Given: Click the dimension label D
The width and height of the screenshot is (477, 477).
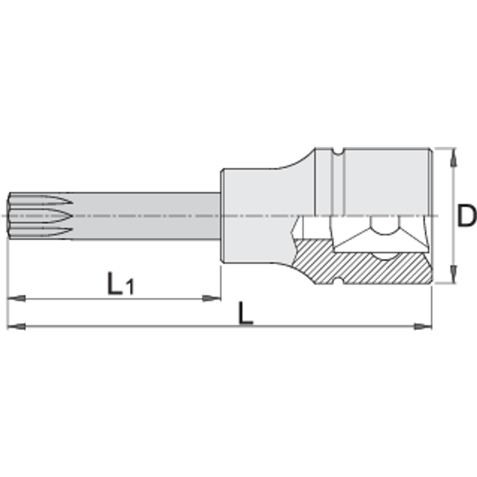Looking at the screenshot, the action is pos(467,216).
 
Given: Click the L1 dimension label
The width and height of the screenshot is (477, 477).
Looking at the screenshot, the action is pos(121,284).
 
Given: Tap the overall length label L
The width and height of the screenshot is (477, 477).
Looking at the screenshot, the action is pos(246,313).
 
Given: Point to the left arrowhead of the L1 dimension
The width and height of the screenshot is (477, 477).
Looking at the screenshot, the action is pos(16,299).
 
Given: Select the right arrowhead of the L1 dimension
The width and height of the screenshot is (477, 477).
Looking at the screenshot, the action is pos(212,299).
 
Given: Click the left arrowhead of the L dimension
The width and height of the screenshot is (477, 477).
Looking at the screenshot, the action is pos(16,326).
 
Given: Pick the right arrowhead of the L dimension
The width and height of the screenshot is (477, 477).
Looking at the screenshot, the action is pos(423,326).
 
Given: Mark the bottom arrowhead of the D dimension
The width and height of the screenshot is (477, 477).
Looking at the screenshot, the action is pos(454,274).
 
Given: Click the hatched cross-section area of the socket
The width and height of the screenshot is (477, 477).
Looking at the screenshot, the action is pos(359,268).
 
